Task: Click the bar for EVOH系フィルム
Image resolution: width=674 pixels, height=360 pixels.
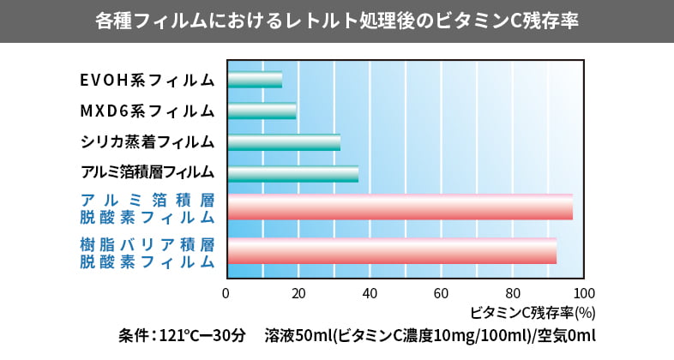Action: click(255, 80)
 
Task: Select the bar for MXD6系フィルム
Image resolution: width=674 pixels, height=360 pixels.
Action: click(262, 111)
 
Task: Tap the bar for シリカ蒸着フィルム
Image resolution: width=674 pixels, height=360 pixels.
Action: click(284, 142)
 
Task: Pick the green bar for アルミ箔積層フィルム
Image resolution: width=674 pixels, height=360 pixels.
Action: click(292, 173)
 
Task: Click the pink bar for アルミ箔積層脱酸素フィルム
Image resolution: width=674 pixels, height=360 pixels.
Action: click(400, 207)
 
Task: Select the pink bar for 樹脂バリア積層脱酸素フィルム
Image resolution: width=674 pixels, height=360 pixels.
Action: click(392, 250)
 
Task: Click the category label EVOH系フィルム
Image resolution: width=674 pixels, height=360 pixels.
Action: click(147, 80)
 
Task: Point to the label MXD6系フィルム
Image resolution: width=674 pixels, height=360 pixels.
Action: click(147, 111)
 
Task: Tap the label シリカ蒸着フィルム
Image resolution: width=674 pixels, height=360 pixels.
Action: click(147, 142)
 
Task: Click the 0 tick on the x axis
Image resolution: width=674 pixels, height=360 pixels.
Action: click(226, 293)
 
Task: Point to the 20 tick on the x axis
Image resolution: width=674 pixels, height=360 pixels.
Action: click(298, 293)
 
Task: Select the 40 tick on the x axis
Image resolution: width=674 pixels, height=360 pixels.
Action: click(370, 293)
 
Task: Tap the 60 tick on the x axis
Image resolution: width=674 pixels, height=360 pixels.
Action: click(442, 293)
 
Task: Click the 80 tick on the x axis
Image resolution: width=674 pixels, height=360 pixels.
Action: click(513, 293)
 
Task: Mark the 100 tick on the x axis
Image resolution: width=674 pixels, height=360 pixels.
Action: click(584, 293)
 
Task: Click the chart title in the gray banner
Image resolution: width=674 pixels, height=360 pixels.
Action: click(337, 21)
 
